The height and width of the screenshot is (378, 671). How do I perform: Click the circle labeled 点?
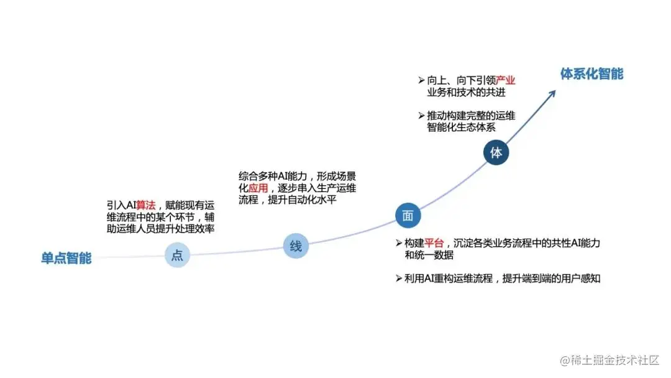coord(177,256)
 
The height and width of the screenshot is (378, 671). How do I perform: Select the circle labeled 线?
coord(296,246)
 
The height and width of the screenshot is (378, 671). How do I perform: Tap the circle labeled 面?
coord(408,215)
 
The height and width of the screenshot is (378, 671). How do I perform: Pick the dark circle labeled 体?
coord(496,152)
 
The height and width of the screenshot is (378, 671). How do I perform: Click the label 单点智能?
coord(66,258)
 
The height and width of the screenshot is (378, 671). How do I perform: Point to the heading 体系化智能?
coord(591,74)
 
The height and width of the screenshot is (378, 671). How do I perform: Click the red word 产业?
coord(506,81)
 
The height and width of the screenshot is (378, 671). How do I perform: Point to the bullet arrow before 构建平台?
coord(399,242)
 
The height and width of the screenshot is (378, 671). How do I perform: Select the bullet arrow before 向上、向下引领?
coord(421,81)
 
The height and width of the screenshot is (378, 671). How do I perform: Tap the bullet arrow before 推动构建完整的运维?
coord(421,116)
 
